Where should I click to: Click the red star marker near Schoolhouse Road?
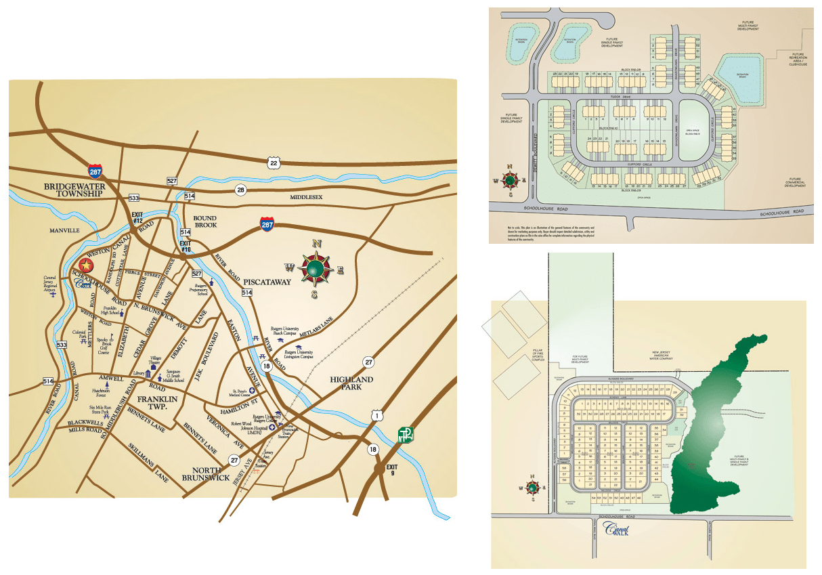pos(86,265)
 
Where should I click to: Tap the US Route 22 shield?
pos(273,162)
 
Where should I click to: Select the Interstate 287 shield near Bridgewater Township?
pos(95,172)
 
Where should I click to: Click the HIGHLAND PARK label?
pos(351,383)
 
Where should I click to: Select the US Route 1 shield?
pos(375,414)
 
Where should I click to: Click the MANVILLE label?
pos(64,230)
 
